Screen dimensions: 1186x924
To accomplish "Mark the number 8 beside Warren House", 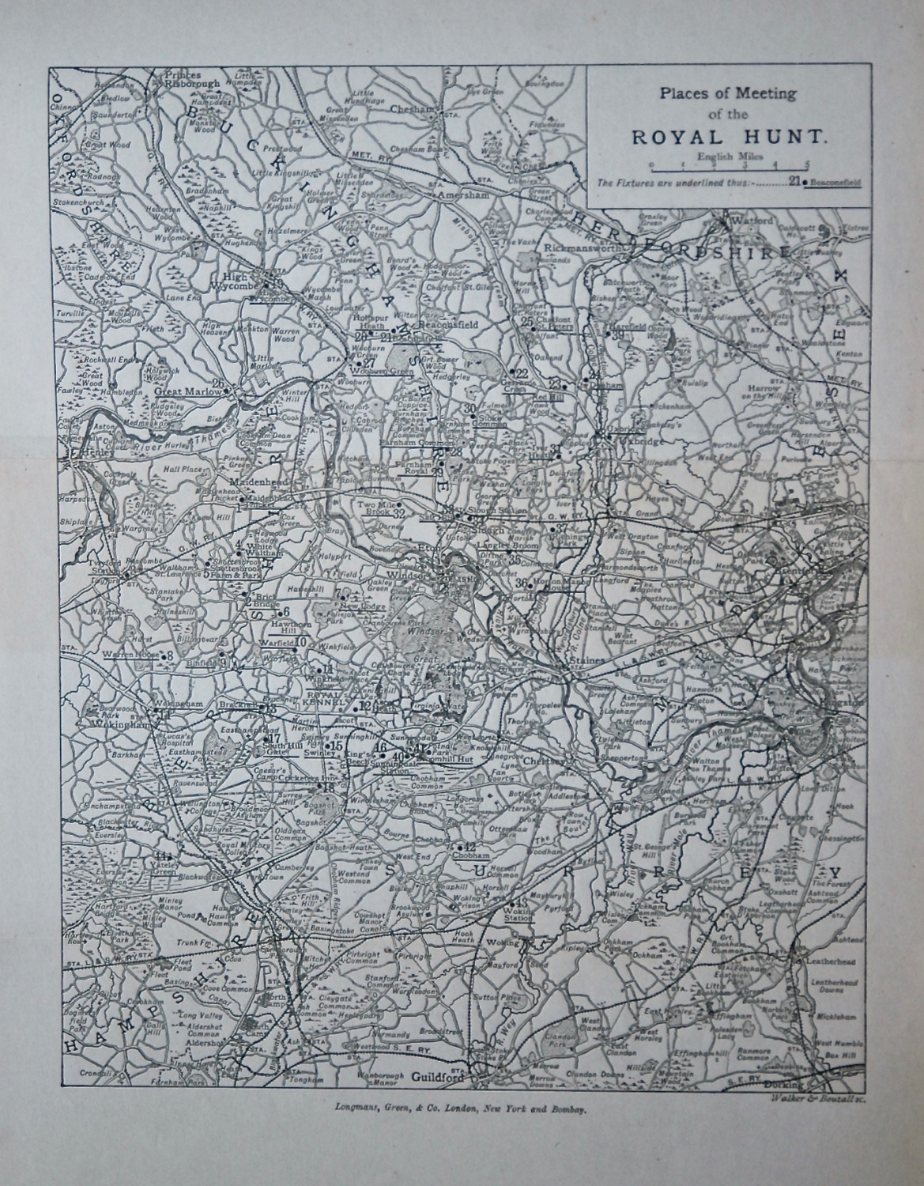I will coord(169,656).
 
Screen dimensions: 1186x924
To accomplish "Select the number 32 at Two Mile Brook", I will coord(399,514).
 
